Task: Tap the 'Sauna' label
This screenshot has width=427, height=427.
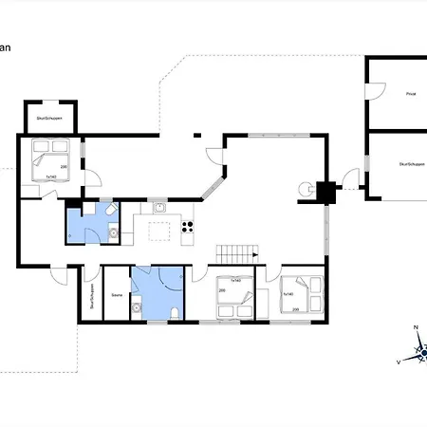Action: coord(117,296)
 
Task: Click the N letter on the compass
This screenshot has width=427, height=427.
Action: coord(416,327)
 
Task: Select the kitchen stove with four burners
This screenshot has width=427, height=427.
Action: coord(188,228)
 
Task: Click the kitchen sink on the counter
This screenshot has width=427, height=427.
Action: coord(159,206)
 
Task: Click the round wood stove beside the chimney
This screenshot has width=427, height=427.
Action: coord(306,189)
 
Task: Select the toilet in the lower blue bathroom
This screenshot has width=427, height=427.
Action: coord(176,313)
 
